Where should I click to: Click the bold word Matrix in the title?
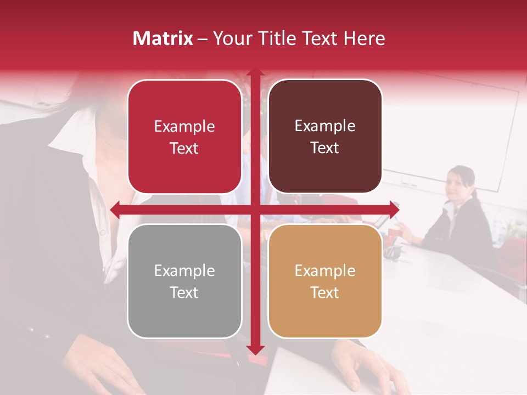tap(162, 38)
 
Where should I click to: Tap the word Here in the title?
tap(364, 38)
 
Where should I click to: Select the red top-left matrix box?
tap(184, 137)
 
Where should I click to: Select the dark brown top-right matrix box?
tap(325, 137)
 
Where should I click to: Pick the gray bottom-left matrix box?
tap(184, 281)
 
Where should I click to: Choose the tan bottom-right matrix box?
tap(325, 281)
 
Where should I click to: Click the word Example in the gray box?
tap(184, 270)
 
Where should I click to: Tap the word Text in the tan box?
tap(325, 292)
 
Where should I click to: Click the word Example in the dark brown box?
tap(325, 126)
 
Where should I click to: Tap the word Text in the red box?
tap(184, 148)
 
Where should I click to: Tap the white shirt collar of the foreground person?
tap(71, 132)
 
